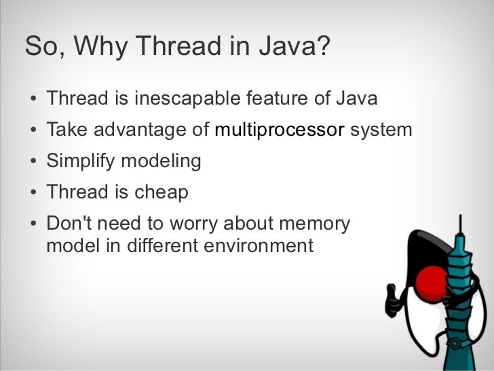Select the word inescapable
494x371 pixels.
tap(185, 99)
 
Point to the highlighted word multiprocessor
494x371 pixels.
tap(279, 130)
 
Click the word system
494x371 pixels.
tap(381, 130)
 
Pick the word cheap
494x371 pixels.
tap(161, 192)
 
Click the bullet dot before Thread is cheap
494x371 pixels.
tap(33, 193)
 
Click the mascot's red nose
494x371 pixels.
tap(432, 281)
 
